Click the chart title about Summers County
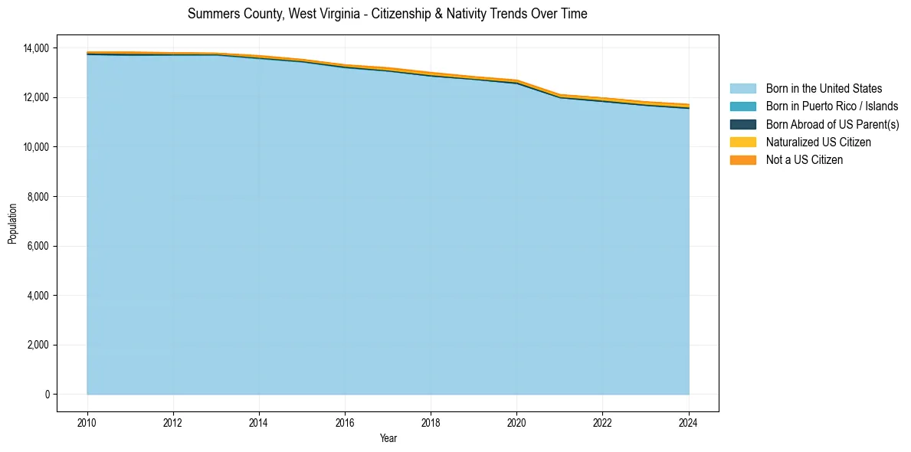387,14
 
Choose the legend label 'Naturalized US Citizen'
818,142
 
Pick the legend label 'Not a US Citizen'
804,160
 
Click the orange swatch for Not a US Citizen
742,160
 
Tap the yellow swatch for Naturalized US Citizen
742,142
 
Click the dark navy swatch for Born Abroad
742,124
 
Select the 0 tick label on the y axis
47,395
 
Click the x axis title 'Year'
388,438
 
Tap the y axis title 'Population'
12,224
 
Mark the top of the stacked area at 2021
560,95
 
